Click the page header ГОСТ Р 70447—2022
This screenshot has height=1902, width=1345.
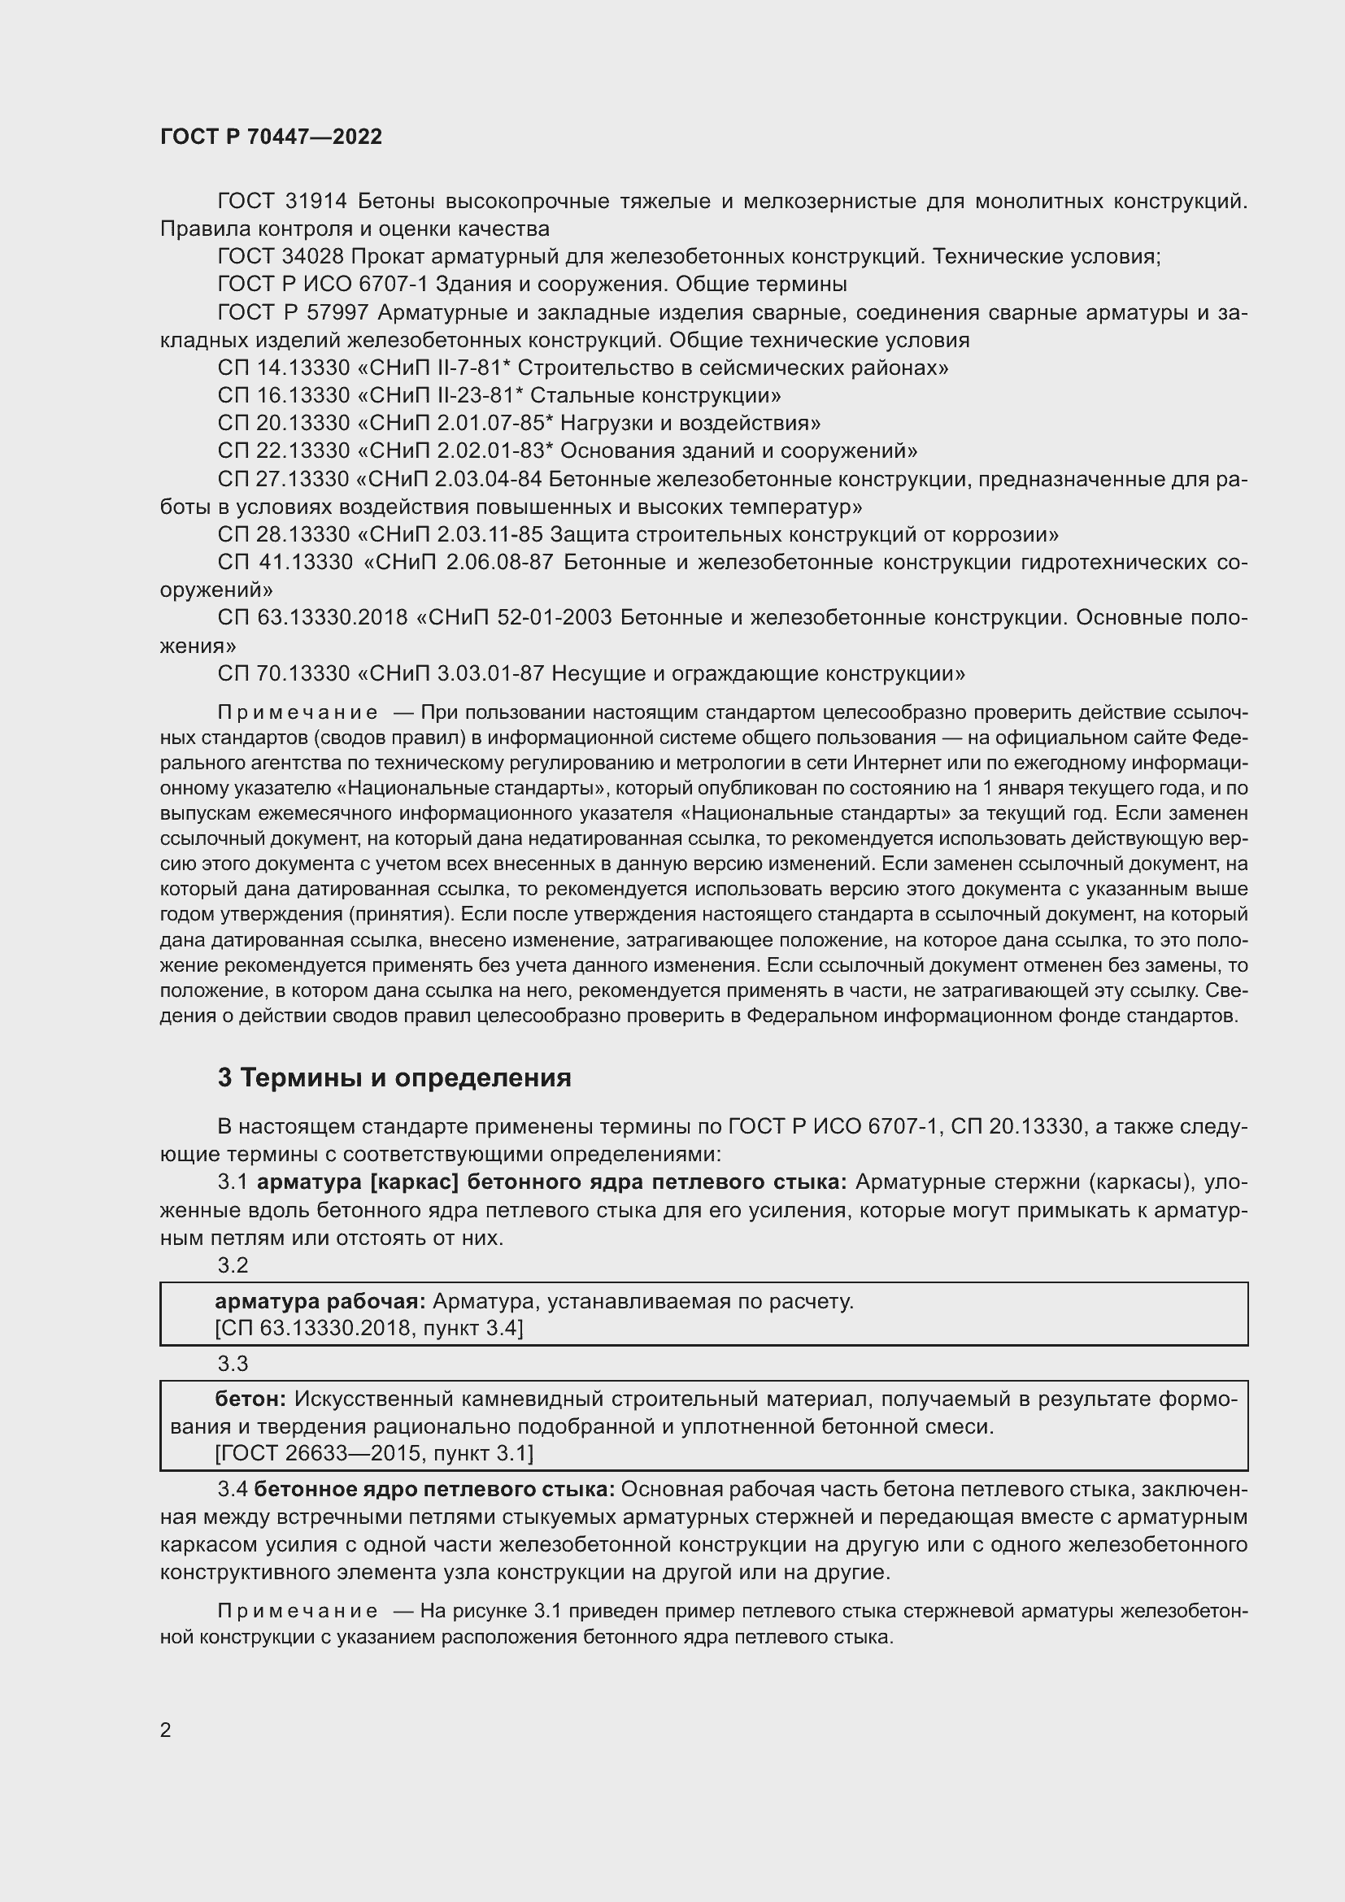click(271, 137)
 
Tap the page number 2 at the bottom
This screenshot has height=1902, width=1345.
click(166, 1729)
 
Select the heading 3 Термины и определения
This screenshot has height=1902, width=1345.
click(394, 1077)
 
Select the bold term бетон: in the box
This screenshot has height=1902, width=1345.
click(250, 1399)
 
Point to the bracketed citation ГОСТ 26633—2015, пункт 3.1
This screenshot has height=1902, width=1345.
click(374, 1453)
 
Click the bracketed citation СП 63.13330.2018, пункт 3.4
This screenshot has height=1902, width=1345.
click(368, 1328)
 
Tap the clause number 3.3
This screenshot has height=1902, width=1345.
click(233, 1364)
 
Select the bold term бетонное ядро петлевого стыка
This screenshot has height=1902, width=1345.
click(434, 1490)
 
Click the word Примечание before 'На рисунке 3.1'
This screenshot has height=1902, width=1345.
click(298, 1611)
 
